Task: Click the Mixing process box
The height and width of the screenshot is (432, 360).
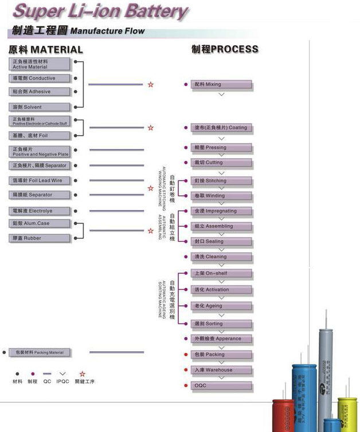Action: pos(222,85)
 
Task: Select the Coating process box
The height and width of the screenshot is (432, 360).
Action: pos(222,128)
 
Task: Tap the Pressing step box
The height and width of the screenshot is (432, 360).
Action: pos(222,148)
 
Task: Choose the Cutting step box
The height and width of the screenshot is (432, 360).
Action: pos(222,163)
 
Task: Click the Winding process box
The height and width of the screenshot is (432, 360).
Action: pos(222,196)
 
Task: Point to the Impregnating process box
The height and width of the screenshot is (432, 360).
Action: pos(222,211)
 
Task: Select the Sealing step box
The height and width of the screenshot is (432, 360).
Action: pos(222,242)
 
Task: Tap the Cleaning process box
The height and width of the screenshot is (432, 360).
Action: pos(222,257)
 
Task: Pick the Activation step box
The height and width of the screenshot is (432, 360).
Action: pos(222,290)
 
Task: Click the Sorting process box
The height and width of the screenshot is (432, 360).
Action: pos(222,324)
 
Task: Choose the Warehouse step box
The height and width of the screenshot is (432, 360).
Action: pos(222,370)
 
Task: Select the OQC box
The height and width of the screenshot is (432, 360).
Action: pos(222,386)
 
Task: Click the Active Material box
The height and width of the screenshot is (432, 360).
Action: pos(40,64)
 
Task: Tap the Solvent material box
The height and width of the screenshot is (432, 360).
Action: pos(40,107)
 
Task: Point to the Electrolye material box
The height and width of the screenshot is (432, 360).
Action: pos(40,211)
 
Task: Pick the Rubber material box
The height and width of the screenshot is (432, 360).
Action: pos(40,238)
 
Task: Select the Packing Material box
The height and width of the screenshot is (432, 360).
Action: pos(40,352)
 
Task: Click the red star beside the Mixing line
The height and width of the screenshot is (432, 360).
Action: pos(151,85)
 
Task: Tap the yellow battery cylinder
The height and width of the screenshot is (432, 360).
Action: pos(347,415)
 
